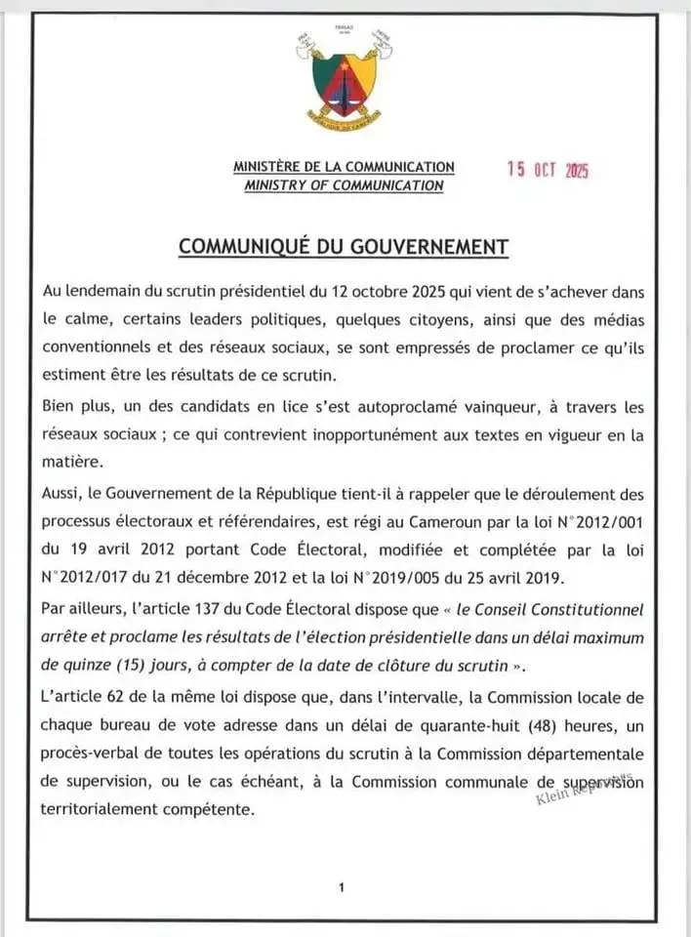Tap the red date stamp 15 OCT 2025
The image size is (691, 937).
point(548,169)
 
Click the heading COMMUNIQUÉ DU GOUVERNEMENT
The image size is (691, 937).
point(344,246)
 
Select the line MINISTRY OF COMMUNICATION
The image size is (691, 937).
point(344,185)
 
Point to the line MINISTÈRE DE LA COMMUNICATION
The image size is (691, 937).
point(344,167)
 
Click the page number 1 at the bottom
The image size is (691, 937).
point(342,887)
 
